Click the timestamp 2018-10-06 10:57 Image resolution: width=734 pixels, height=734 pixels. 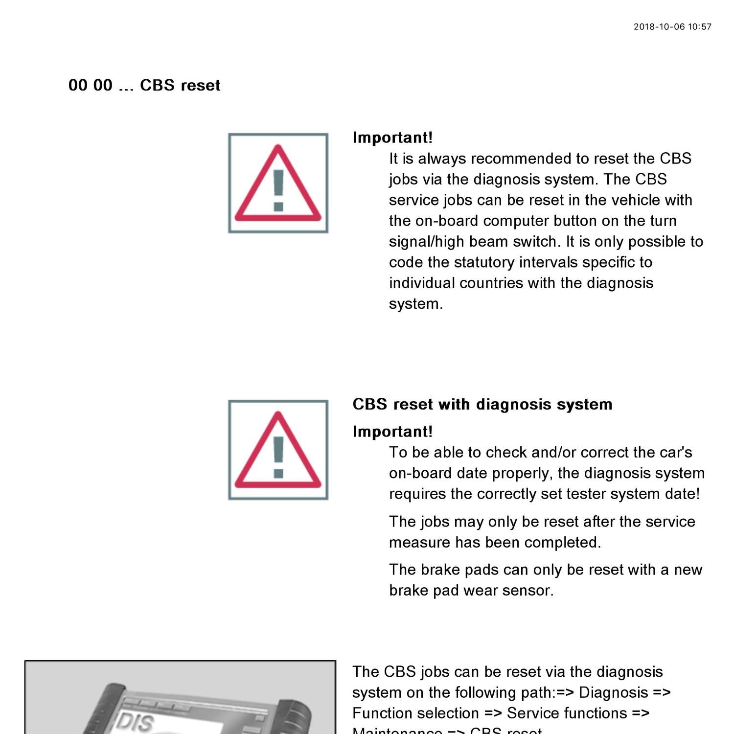click(672, 27)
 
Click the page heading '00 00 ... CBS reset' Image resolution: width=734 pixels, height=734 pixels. click(144, 85)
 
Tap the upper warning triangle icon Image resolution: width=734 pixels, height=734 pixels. click(278, 183)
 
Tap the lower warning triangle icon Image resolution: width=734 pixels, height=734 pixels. click(278, 450)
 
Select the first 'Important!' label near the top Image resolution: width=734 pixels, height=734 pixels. click(392, 138)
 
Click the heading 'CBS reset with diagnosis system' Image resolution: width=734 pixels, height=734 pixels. click(482, 404)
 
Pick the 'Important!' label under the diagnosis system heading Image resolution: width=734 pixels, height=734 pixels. click(392, 432)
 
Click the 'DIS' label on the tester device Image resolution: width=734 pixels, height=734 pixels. click(135, 722)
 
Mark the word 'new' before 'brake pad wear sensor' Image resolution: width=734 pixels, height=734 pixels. click(688, 570)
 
